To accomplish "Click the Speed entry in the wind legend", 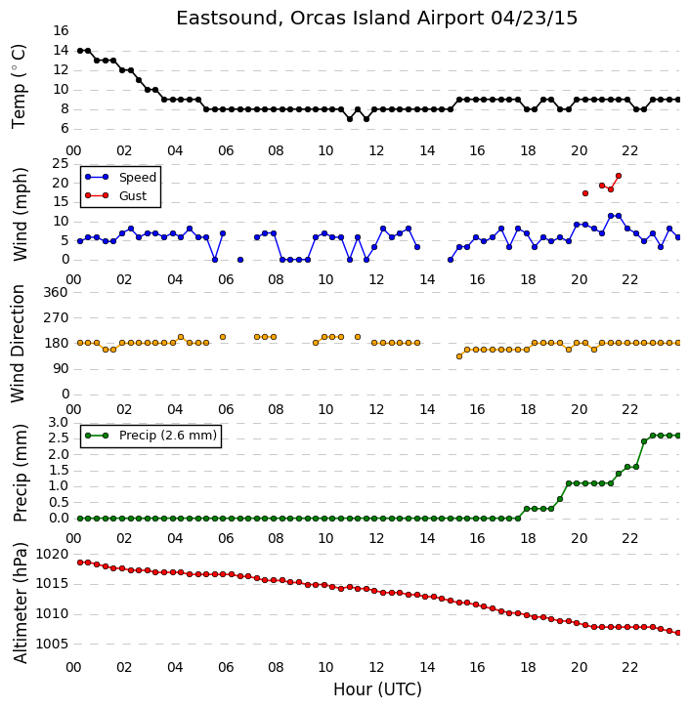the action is pyautogui.click(x=120, y=178).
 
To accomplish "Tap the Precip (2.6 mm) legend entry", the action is pyautogui.click(x=151, y=436).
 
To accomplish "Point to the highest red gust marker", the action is pyautogui.click(x=619, y=176).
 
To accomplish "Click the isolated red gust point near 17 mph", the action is pyautogui.click(x=585, y=193).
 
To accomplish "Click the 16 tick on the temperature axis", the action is pyautogui.click(x=61, y=30).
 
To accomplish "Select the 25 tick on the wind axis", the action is pyautogui.click(x=61, y=164).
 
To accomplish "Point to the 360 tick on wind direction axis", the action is pyautogui.click(x=56, y=293).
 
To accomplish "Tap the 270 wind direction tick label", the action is pyautogui.click(x=56, y=317).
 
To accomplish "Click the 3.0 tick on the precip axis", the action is pyautogui.click(x=59, y=423).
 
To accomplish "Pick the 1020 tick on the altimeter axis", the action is pyautogui.click(x=52, y=555).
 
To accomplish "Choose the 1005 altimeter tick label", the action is pyautogui.click(x=52, y=644).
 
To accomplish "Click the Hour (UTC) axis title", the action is pyautogui.click(x=377, y=690).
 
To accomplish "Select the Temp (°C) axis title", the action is pyautogui.click(x=19, y=86).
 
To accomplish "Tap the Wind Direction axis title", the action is pyautogui.click(x=18, y=344).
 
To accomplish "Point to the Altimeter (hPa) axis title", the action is pyautogui.click(x=20, y=604).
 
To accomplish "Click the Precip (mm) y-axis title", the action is pyautogui.click(x=20, y=473).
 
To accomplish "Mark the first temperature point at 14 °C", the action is pyautogui.click(x=80, y=51).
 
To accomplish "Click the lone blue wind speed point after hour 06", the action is pyautogui.click(x=240, y=260).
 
